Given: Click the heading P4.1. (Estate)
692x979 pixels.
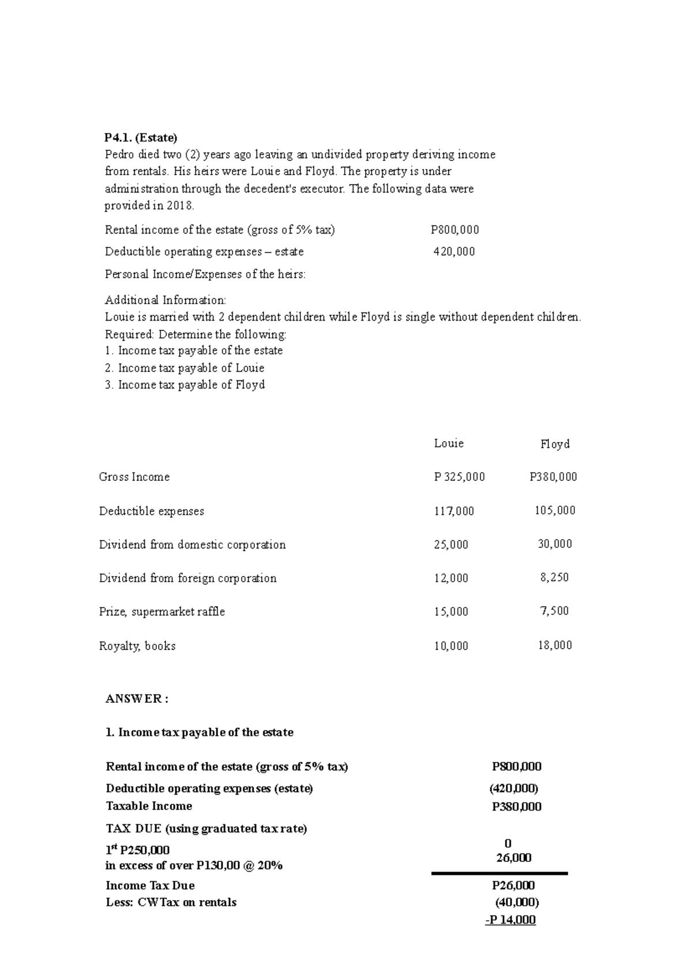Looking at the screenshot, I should click(141, 138).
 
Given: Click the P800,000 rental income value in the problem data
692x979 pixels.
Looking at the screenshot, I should click(454, 230).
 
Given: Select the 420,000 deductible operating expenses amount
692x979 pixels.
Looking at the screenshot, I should click(454, 252).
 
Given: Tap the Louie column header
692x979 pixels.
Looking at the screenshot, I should click(449, 443).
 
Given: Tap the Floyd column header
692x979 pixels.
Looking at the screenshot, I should click(555, 444).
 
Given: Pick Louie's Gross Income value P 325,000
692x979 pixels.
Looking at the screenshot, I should click(459, 477).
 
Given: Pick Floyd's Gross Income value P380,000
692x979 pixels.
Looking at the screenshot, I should click(553, 477).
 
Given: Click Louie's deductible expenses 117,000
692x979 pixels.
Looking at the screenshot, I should click(454, 511).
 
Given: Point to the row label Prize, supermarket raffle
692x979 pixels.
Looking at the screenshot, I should click(162, 612).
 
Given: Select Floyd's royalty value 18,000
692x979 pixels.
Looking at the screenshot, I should click(555, 645).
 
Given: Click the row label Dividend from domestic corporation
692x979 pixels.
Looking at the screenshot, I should click(192, 545).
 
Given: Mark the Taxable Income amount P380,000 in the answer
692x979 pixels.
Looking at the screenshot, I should click(516, 807).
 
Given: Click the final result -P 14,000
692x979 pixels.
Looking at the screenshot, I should click(510, 920).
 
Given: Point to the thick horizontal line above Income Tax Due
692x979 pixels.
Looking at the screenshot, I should click(499, 874).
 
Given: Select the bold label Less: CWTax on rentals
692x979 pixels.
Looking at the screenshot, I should click(171, 902).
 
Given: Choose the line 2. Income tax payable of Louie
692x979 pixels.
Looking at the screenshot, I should click(185, 368).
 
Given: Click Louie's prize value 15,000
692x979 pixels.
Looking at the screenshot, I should click(451, 612).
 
